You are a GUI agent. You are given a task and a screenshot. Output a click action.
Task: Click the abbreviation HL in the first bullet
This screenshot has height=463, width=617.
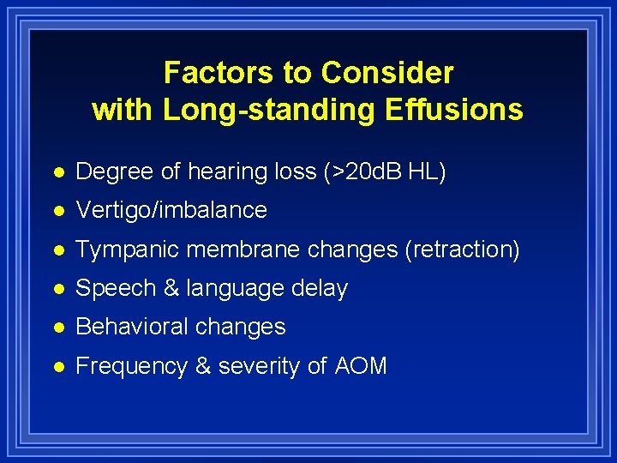coord(427,171)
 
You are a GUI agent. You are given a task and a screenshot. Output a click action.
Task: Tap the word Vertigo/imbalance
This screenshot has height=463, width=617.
coord(171,210)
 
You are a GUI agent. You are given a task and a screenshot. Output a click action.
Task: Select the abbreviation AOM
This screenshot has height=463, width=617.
coord(361,367)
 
